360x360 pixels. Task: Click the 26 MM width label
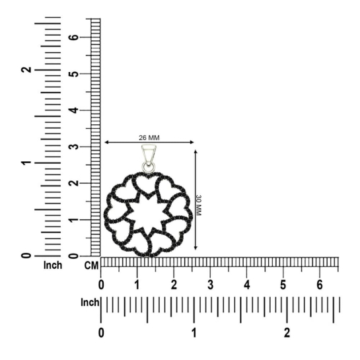point(149,138)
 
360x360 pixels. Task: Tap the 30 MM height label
point(198,205)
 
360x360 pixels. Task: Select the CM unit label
point(92,266)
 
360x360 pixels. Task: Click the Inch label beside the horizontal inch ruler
point(90,303)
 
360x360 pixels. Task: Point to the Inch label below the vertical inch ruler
point(53,265)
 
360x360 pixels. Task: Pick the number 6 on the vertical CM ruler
point(73,37)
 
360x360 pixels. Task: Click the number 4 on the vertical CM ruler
point(73,110)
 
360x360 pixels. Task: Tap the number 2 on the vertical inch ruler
point(26,69)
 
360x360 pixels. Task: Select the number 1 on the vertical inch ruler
point(26,162)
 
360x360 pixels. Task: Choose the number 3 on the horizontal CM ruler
point(210,285)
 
